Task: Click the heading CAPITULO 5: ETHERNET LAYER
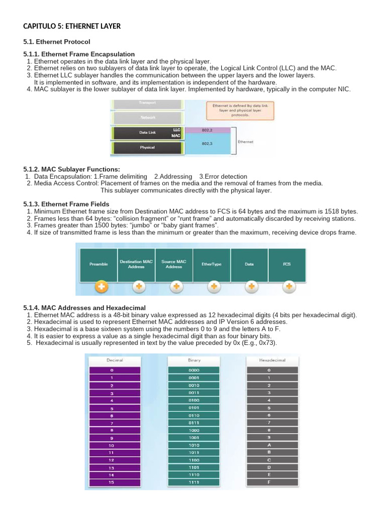(72, 26)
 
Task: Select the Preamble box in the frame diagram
(99, 264)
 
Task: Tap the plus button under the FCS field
(288, 287)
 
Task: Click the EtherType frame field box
(212, 264)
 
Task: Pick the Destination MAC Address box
(136, 264)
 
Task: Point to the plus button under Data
(251, 287)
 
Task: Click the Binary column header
(194, 360)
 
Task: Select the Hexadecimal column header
(272, 360)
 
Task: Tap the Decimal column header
(115, 360)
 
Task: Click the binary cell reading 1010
(194, 445)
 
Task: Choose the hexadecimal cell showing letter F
(269, 482)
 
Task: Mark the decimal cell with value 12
(112, 460)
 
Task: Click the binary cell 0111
(194, 423)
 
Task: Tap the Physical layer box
(147, 148)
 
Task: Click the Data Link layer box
(147, 133)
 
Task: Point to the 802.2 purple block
(207, 130)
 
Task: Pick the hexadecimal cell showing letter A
(269, 445)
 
